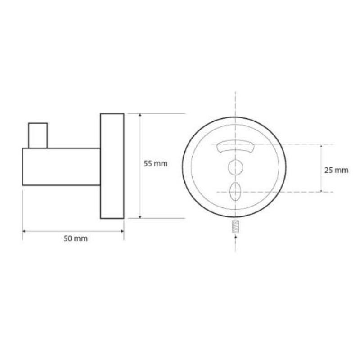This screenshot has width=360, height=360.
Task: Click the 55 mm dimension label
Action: [155, 164]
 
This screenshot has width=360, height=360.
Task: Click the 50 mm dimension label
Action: [76, 238]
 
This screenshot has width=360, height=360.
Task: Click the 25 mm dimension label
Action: [336, 170]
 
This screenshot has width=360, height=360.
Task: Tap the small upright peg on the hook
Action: [38, 136]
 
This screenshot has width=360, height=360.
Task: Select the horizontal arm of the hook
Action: [62, 166]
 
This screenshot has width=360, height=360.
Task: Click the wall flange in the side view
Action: [112, 166]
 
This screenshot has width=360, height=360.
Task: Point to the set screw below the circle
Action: [235, 226]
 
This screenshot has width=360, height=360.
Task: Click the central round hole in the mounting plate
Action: [235, 167]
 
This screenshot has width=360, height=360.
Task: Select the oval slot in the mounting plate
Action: [235, 192]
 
